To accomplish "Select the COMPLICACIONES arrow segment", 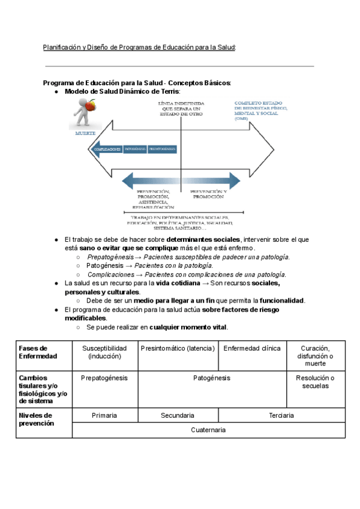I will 107,149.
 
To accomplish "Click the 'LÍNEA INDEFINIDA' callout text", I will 180,109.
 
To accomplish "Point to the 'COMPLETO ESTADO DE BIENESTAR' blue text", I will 260,110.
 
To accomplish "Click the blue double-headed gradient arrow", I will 181,180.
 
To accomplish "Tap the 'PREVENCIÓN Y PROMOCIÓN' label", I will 208,194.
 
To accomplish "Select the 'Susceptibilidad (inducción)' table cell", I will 104,352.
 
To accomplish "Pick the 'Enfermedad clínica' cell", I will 251,348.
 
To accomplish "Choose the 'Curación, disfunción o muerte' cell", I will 315,355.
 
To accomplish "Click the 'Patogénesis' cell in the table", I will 212,378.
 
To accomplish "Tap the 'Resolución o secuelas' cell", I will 315,382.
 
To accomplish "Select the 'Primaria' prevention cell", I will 104,415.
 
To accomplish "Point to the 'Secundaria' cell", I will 178,415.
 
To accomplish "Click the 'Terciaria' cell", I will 281,415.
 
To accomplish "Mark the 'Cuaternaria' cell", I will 208,430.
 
